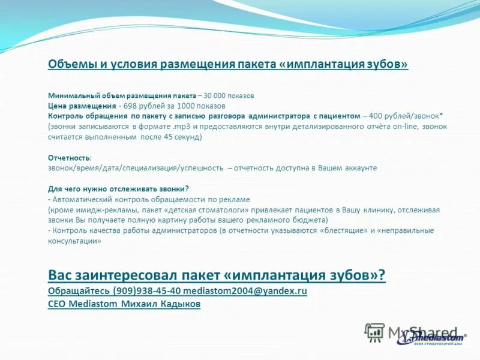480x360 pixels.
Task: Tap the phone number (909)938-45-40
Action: [x=146, y=291]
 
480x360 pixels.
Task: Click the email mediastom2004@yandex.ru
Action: [x=245, y=291]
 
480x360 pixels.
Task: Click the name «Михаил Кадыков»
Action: [x=161, y=304]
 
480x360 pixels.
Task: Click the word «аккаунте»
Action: [x=356, y=168]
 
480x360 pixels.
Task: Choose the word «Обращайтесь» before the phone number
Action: [x=79, y=291]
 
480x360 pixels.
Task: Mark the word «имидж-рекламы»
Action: [x=99, y=210]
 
